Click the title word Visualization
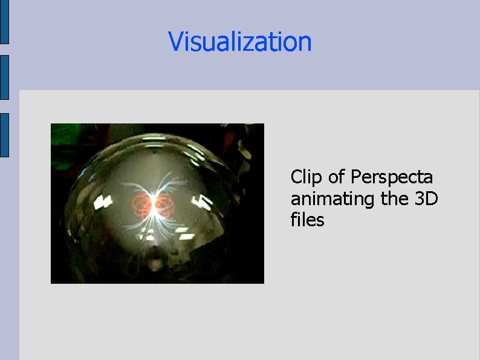coord(240,42)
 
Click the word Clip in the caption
coord(306,177)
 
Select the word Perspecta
coord(392,178)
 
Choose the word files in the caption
coord(307,220)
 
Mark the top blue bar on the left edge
coord(4,22)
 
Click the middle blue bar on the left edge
coord(4,77)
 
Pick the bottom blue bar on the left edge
coord(4,135)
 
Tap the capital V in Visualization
coord(176,42)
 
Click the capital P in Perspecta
coord(356,177)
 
